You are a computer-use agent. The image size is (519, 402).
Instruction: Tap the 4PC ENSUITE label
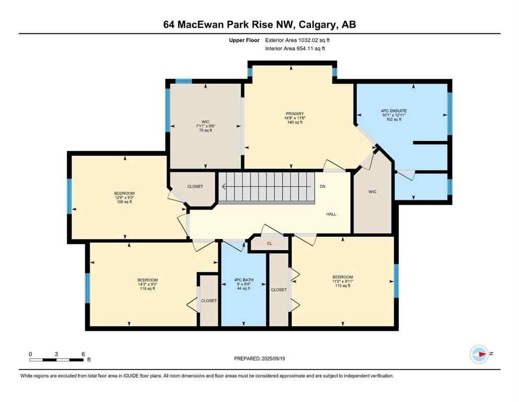click(394, 111)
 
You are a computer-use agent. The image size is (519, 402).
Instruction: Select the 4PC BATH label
click(243, 280)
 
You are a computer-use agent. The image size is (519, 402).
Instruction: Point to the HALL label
click(331, 214)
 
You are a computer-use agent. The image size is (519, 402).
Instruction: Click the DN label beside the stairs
click(322, 186)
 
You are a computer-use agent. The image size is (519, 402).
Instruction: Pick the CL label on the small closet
click(269, 243)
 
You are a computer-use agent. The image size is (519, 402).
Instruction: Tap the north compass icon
click(479, 354)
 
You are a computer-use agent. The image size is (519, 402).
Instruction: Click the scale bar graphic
click(56, 359)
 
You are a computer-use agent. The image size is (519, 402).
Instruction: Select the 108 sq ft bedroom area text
click(124, 202)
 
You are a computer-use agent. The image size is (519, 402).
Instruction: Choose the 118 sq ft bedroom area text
click(147, 288)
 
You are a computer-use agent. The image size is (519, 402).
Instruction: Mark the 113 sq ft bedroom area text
click(342, 286)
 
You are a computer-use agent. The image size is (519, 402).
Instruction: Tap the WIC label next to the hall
click(372, 192)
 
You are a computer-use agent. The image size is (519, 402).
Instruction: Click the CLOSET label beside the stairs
click(194, 186)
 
